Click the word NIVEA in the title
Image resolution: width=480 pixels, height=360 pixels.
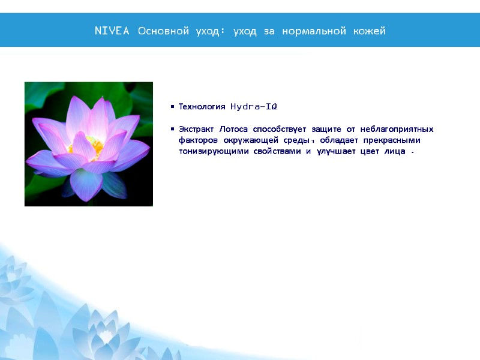coord(112,31)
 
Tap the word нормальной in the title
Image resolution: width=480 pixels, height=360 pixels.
coord(314,31)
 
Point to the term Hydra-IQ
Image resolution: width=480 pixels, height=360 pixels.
coord(254,107)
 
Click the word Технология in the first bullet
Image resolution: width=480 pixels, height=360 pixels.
coord(202,107)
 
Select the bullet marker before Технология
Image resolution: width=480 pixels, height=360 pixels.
coord(172,107)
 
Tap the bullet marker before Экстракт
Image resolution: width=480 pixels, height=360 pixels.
coord(172,130)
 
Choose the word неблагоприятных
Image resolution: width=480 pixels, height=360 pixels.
coord(397,130)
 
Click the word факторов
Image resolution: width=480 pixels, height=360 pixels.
coord(199,140)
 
